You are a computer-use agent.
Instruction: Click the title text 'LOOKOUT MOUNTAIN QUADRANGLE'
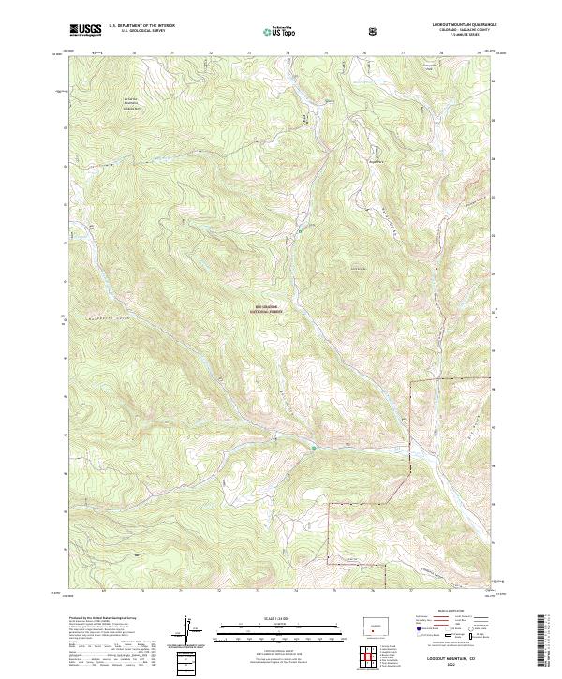(x=453, y=26)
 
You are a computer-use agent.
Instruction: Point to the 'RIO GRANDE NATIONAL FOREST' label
(x=270, y=307)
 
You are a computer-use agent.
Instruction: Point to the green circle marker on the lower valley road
(x=313, y=447)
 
